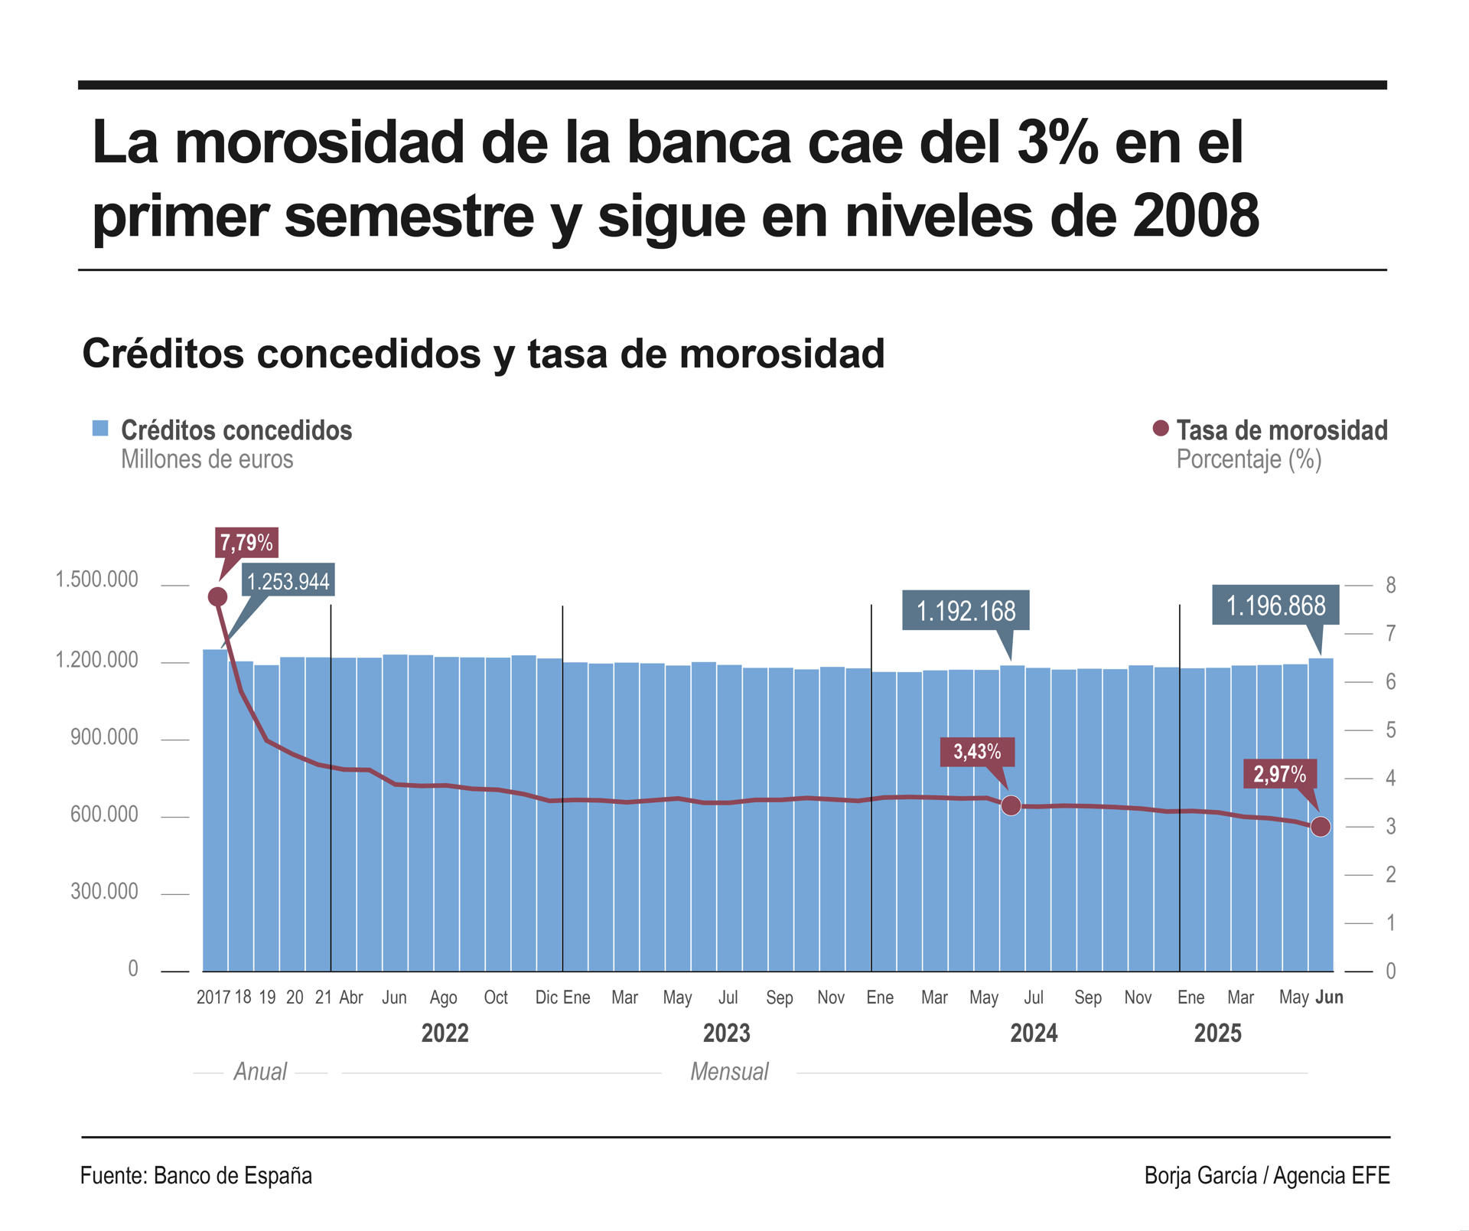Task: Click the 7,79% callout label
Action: point(246,543)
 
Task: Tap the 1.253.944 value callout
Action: point(288,582)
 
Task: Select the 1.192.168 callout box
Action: point(966,611)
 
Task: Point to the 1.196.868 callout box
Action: point(1275,606)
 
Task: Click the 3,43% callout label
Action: point(977,752)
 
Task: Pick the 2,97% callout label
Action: point(1279,774)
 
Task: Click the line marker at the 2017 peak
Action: point(217,597)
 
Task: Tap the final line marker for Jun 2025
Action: point(1321,827)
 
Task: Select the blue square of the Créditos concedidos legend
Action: point(100,429)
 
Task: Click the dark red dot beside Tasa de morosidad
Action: point(1161,429)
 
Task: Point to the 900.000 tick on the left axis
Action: point(104,737)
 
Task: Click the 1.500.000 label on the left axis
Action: point(96,580)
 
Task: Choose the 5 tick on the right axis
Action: point(1390,730)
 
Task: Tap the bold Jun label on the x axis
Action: point(1329,998)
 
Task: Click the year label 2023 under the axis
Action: point(726,1033)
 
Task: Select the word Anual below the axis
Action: point(260,1072)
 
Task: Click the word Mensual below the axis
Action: point(729,1072)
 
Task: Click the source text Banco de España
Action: point(233,1176)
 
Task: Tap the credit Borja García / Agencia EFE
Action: point(1266,1176)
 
